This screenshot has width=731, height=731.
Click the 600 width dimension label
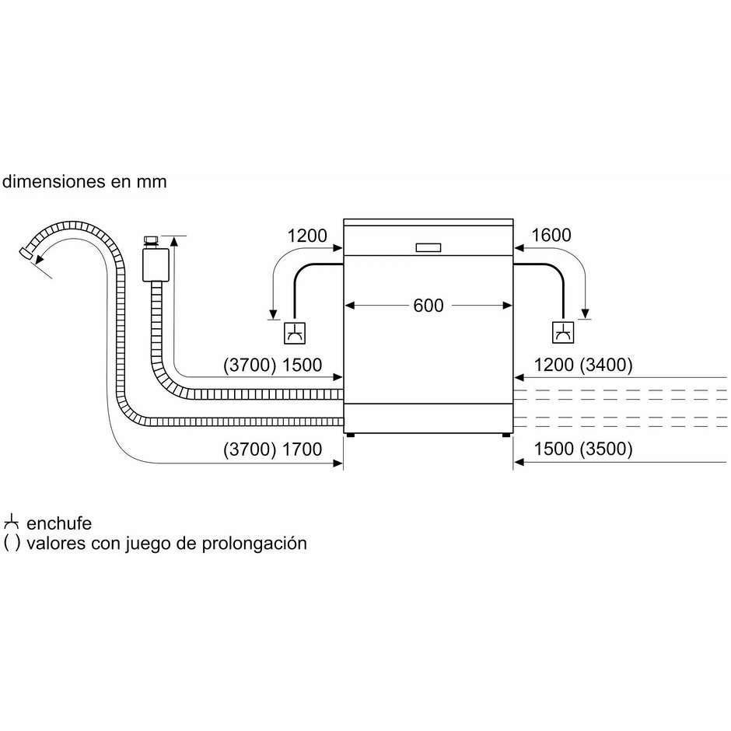click(428, 306)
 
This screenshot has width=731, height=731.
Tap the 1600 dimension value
click(551, 235)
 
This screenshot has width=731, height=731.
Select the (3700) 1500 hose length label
click(273, 365)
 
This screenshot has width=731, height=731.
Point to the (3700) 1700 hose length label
click(273, 449)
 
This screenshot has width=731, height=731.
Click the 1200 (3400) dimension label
click(583, 365)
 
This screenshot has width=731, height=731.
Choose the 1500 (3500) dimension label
click(583, 449)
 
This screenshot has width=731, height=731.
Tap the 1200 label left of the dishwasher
click(307, 236)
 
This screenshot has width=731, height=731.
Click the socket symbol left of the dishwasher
click(295, 333)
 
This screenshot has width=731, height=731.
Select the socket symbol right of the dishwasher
click(563, 332)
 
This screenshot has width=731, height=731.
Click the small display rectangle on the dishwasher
click(428, 247)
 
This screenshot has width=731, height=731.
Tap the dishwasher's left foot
click(350, 435)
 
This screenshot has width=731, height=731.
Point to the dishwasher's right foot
click(506, 435)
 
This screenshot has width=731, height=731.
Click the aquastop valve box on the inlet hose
click(156, 265)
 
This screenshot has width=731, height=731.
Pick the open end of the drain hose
click(25, 254)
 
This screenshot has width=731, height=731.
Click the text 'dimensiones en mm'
click(85, 181)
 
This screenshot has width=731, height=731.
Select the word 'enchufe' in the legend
click(59, 523)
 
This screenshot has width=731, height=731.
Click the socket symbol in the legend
click(11, 522)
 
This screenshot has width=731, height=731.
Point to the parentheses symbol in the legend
click(12, 544)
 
